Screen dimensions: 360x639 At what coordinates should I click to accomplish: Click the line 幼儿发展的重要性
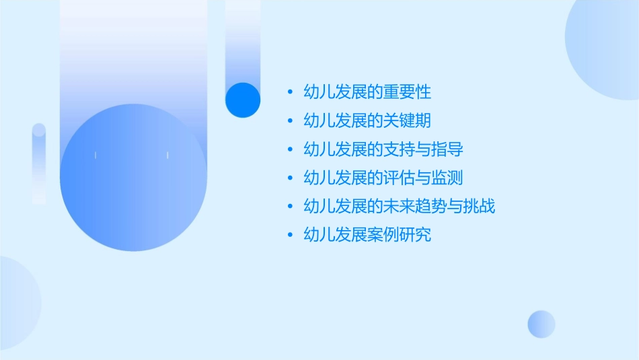pos(367,92)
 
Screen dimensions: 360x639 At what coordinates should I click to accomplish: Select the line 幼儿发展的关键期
pos(367,121)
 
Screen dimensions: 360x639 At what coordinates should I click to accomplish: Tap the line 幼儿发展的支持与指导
pos(383,149)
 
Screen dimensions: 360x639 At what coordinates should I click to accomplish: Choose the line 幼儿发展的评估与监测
pos(383,178)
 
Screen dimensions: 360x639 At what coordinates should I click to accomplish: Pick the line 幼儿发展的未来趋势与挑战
pos(400,207)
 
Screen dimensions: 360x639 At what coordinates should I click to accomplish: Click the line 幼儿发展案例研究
pos(367,236)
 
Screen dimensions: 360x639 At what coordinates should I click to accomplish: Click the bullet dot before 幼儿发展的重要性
pos(289,92)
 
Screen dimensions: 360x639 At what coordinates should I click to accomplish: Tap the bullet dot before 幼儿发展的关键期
pos(289,121)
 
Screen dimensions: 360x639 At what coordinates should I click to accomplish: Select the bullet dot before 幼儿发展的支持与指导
pos(289,149)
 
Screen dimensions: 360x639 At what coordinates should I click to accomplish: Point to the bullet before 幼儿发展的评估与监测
pos(289,178)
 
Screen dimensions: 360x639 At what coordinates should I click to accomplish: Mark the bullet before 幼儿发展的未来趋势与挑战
pos(289,207)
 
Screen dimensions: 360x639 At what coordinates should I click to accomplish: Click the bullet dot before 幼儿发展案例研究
pos(289,236)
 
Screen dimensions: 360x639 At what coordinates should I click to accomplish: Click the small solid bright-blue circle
pos(242,100)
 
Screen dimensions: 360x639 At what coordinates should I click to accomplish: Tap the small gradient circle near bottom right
pos(541,324)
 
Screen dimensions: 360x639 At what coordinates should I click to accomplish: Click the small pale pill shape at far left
pos(39,164)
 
